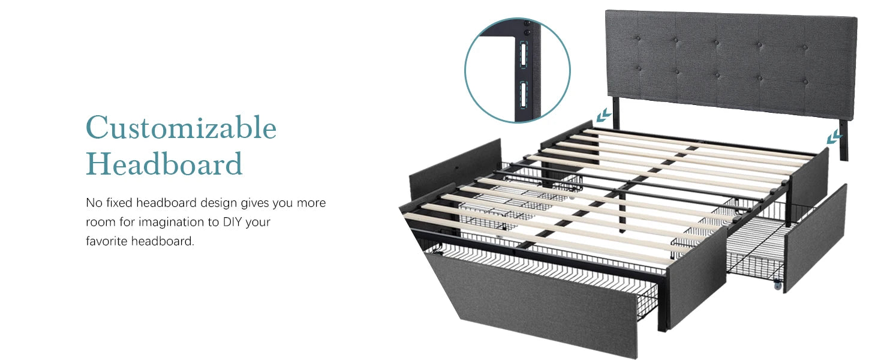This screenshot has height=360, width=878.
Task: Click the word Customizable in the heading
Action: point(181,127)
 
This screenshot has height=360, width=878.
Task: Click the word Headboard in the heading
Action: point(164,164)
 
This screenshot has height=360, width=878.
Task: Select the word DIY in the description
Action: point(232,222)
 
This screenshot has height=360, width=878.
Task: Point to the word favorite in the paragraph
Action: point(107,241)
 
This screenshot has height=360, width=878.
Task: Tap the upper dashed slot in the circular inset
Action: point(524,55)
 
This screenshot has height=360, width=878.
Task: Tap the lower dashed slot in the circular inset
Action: point(524,95)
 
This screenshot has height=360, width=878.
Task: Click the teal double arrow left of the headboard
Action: point(603,115)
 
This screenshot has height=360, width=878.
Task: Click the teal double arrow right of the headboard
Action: point(834,137)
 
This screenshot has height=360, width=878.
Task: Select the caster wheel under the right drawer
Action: point(778,286)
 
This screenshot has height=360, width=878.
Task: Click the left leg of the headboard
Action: point(616,113)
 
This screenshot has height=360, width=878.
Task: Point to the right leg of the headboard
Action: point(843,140)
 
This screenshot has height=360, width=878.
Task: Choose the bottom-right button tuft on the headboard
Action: point(805,82)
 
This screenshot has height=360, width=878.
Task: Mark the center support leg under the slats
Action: point(622,212)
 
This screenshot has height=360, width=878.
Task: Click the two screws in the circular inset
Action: point(527,29)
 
